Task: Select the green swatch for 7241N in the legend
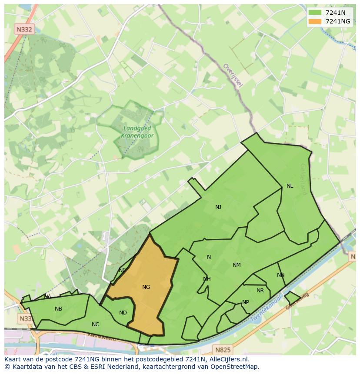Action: [315, 13]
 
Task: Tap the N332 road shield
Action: [23, 30]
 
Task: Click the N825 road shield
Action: [223, 349]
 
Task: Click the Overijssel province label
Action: [233, 75]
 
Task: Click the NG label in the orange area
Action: [146, 287]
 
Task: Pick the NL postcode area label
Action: [290, 186]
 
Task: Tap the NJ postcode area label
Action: [218, 207]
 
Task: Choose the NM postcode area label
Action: [237, 265]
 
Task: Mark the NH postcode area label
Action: [207, 279]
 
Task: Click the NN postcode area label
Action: [281, 275]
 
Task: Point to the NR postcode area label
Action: [260, 291]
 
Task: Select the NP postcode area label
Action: [246, 302]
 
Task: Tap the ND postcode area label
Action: [123, 313]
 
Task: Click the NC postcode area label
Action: [96, 324]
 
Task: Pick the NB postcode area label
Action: [58, 309]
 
